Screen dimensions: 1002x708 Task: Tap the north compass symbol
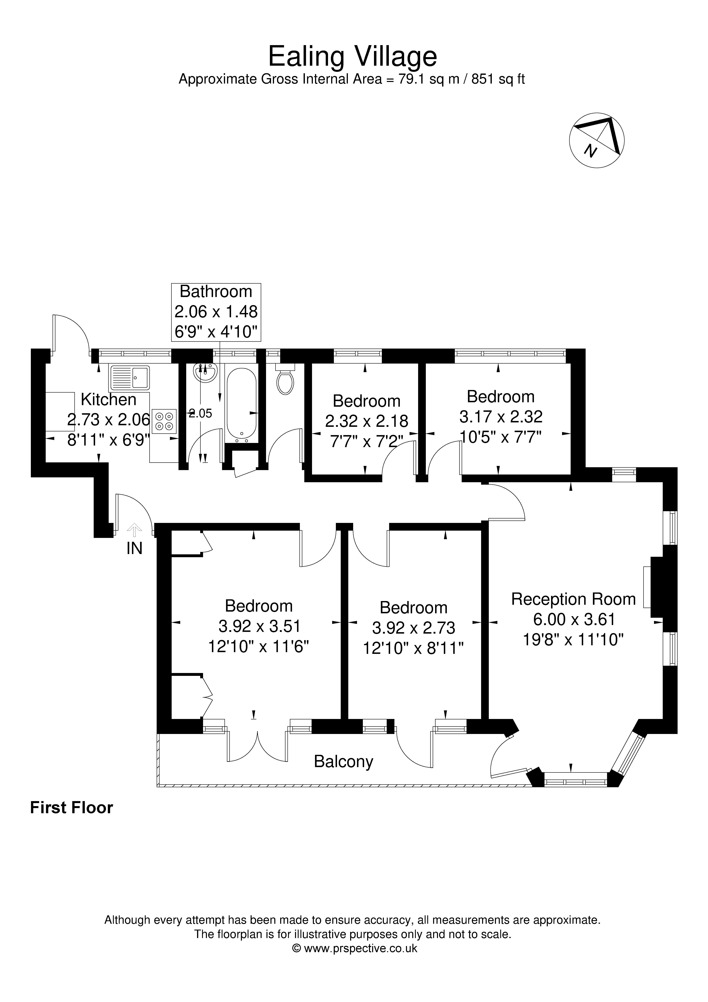[597, 140]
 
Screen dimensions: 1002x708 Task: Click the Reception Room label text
[573, 599]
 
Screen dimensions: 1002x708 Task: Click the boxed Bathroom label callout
[216, 312]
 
